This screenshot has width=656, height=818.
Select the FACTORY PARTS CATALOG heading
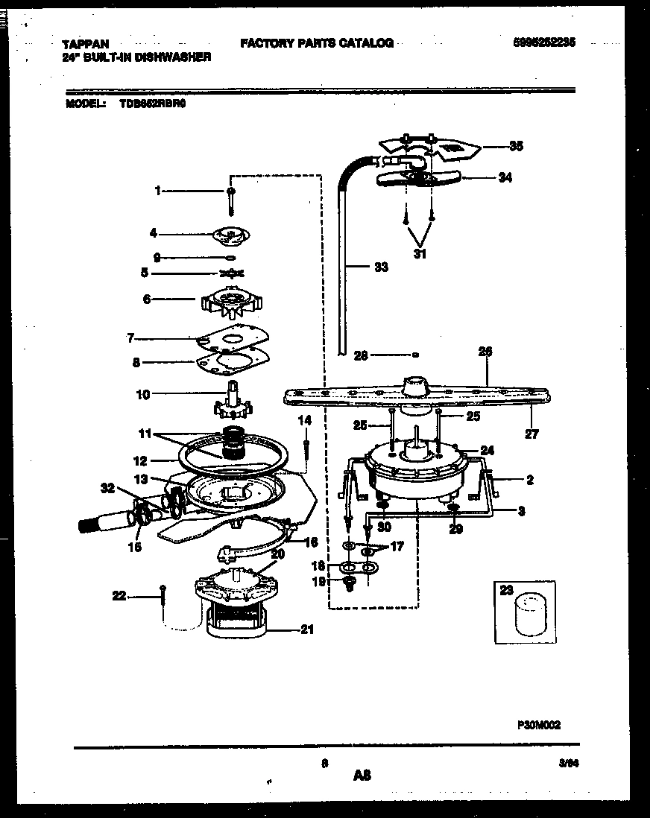(x=317, y=43)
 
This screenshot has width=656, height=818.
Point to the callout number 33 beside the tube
(x=380, y=267)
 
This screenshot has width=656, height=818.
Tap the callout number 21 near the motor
(x=306, y=630)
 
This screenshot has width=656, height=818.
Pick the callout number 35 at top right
(x=516, y=146)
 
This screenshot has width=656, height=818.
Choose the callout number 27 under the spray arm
(x=531, y=434)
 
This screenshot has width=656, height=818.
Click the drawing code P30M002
(x=539, y=723)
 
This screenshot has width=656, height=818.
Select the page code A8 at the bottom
(x=362, y=776)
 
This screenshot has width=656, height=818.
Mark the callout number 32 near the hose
(x=108, y=489)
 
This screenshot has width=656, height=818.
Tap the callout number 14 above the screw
(x=304, y=421)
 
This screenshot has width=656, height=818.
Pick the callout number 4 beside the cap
(x=153, y=233)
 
